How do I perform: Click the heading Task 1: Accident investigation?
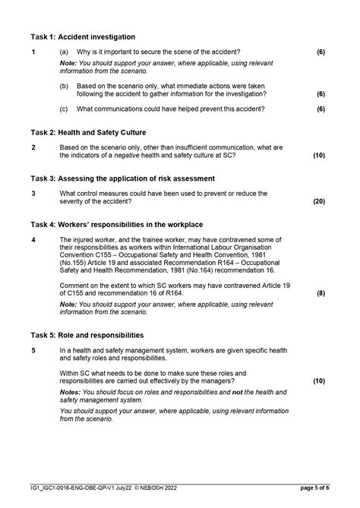83,36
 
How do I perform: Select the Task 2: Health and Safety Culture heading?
89,132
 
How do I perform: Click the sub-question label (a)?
64,52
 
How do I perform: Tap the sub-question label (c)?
64,109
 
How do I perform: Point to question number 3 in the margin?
33,194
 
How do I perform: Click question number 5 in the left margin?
33,350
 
